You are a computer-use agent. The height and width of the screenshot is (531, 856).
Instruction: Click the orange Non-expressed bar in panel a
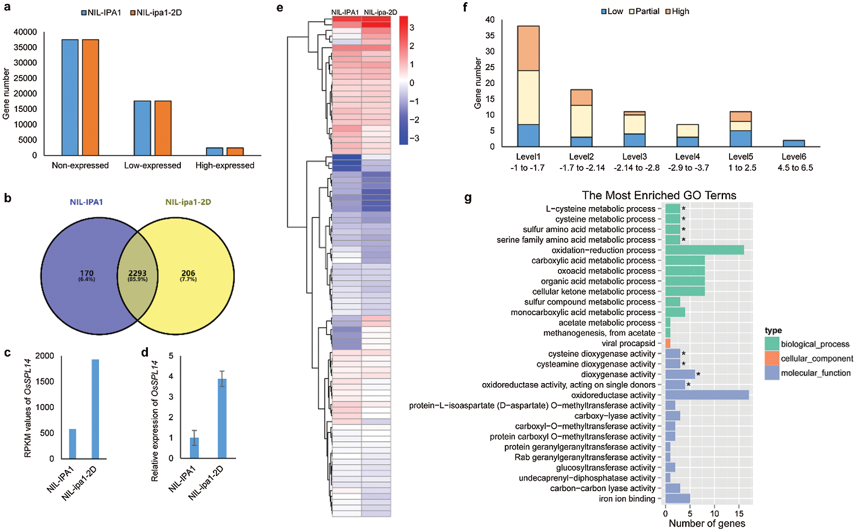coord(90,97)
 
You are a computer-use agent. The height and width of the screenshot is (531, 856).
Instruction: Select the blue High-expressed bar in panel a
coord(215,151)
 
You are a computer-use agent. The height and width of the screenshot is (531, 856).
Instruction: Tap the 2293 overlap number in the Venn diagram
coord(137,273)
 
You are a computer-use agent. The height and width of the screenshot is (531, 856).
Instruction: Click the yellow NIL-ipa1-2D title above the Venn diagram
coord(188,202)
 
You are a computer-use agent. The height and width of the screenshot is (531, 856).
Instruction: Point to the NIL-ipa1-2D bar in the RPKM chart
coord(95,409)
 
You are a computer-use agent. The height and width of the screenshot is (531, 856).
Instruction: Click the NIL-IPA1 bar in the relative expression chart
coord(194,448)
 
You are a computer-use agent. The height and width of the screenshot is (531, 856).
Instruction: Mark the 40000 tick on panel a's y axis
coord(25,32)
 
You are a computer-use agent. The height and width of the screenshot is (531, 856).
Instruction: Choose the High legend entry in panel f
coord(677,11)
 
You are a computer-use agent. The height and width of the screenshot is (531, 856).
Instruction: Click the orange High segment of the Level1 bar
coord(528,48)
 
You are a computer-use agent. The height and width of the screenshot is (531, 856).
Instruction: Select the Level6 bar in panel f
coord(794,144)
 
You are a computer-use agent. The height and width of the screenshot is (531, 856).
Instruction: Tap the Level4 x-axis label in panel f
coord(687,157)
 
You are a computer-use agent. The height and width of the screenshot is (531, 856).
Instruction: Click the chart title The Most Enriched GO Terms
coord(659,195)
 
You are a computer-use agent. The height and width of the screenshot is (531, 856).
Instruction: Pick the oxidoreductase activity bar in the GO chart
coord(707,395)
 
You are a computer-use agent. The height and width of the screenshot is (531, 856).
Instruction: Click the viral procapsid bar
coord(668,343)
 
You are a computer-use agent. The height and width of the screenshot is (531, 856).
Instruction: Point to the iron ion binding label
coord(627,499)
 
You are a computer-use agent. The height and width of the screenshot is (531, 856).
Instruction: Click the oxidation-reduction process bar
coord(704,250)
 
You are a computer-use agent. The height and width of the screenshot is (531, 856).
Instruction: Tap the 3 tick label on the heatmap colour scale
coord(412,28)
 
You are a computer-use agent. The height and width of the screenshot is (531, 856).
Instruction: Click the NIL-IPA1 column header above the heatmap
coord(345,12)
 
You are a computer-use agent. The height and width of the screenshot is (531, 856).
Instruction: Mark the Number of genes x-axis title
coord(707,523)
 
